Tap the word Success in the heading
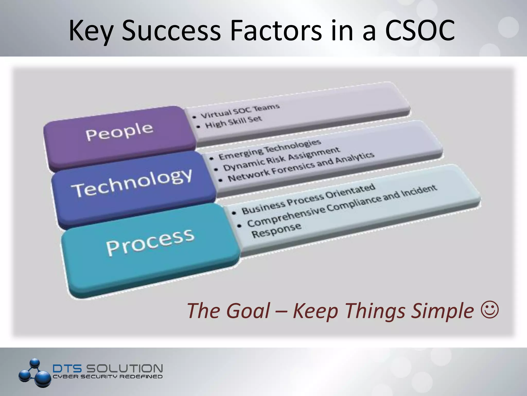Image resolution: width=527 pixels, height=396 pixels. pyautogui.click(x=171, y=31)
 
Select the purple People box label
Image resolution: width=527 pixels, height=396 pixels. pyautogui.click(x=119, y=131)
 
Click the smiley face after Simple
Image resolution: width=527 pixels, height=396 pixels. pyautogui.click(x=489, y=310)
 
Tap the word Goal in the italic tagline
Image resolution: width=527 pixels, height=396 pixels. pyautogui.click(x=248, y=311)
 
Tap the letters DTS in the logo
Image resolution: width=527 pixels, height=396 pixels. pyautogui.click(x=67, y=368)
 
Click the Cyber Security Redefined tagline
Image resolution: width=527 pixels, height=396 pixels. pyautogui.click(x=108, y=377)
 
